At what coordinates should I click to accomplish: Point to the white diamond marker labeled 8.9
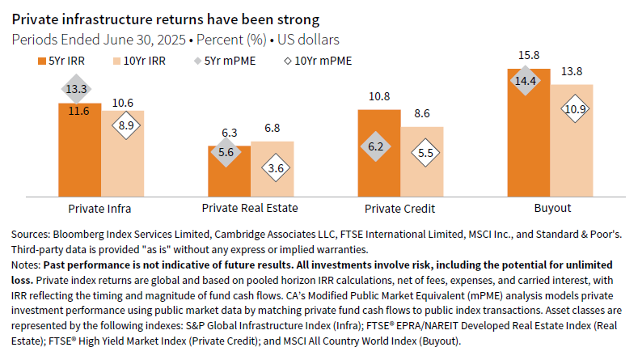pyautogui.click(x=122, y=125)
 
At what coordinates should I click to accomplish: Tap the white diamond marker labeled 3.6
pyautogui.click(x=273, y=168)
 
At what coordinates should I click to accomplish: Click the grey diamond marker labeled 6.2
pyautogui.click(x=378, y=147)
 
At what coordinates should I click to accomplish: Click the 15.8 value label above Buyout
pyautogui.click(x=529, y=55)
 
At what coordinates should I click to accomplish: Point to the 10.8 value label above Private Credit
pyautogui.click(x=378, y=95)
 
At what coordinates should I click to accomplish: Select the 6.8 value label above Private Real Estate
pyautogui.click(x=273, y=128)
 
